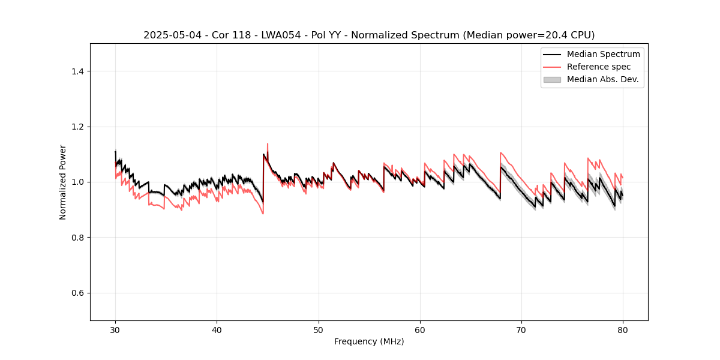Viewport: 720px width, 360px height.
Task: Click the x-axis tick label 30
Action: tap(115, 329)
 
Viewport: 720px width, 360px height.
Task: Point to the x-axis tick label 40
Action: tap(217, 329)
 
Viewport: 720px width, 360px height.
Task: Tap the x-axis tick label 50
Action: tap(319, 329)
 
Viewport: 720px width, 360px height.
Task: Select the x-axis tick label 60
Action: tap(420, 329)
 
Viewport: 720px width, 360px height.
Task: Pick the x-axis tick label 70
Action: tap(521, 329)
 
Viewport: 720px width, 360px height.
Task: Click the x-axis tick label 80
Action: tap(623, 329)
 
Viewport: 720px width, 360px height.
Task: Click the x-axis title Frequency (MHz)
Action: tap(369, 341)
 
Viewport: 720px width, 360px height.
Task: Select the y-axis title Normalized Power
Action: tap(62, 182)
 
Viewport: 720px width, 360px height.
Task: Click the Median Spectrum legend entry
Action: tap(603, 54)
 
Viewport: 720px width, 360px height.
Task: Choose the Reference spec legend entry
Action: tap(598, 67)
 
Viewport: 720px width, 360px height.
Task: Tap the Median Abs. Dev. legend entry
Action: tap(602, 79)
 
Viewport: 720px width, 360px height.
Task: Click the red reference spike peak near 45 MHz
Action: tap(267, 143)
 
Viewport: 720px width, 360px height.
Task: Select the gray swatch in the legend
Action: tap(551, 79)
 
